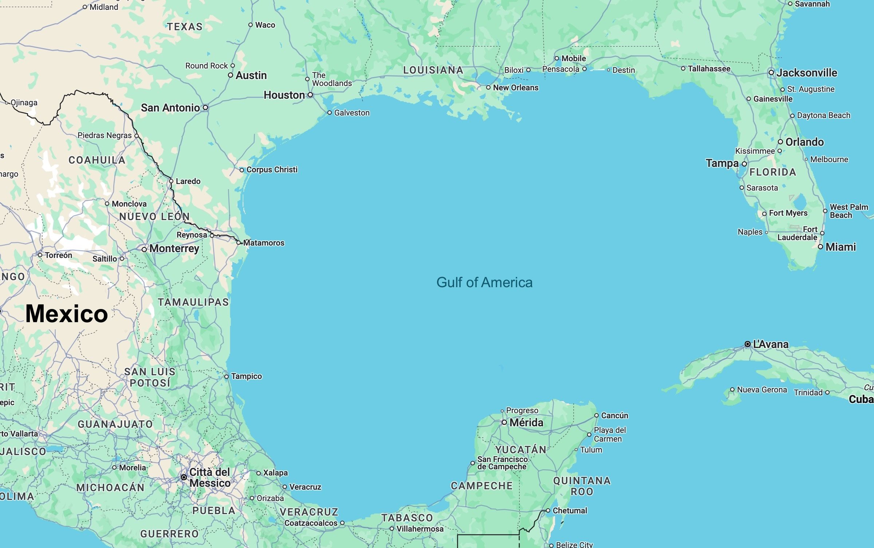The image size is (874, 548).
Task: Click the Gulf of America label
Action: click(484, 282)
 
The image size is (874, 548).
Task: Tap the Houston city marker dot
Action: click(310, 95)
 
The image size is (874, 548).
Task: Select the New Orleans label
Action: click(515, 87)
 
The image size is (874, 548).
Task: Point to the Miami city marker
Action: click(820, 247)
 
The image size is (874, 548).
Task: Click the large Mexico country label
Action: click(67, 314)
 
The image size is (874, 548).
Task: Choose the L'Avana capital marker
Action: click(748, 344)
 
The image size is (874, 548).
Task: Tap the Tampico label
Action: click(246, 376)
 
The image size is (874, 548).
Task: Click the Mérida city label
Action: click(526, 422)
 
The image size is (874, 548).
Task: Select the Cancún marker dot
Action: click(597, 415)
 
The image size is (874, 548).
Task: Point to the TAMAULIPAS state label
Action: click(193, 302)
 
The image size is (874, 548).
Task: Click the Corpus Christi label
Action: click(272, 169)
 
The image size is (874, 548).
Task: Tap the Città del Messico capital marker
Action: click(184, 477)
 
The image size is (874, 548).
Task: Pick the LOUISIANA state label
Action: click(433, 70)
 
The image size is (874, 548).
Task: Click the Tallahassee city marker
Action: click(683, 68)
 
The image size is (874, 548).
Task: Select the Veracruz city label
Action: click(305, 487)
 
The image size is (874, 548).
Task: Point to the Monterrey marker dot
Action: click(145, 250)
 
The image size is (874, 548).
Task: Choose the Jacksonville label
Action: click(807, 73)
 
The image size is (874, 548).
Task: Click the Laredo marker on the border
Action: click(171, 181)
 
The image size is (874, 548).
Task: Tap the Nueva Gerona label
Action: click(762, 390)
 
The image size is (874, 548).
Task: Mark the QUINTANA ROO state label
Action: click(582, 486)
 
